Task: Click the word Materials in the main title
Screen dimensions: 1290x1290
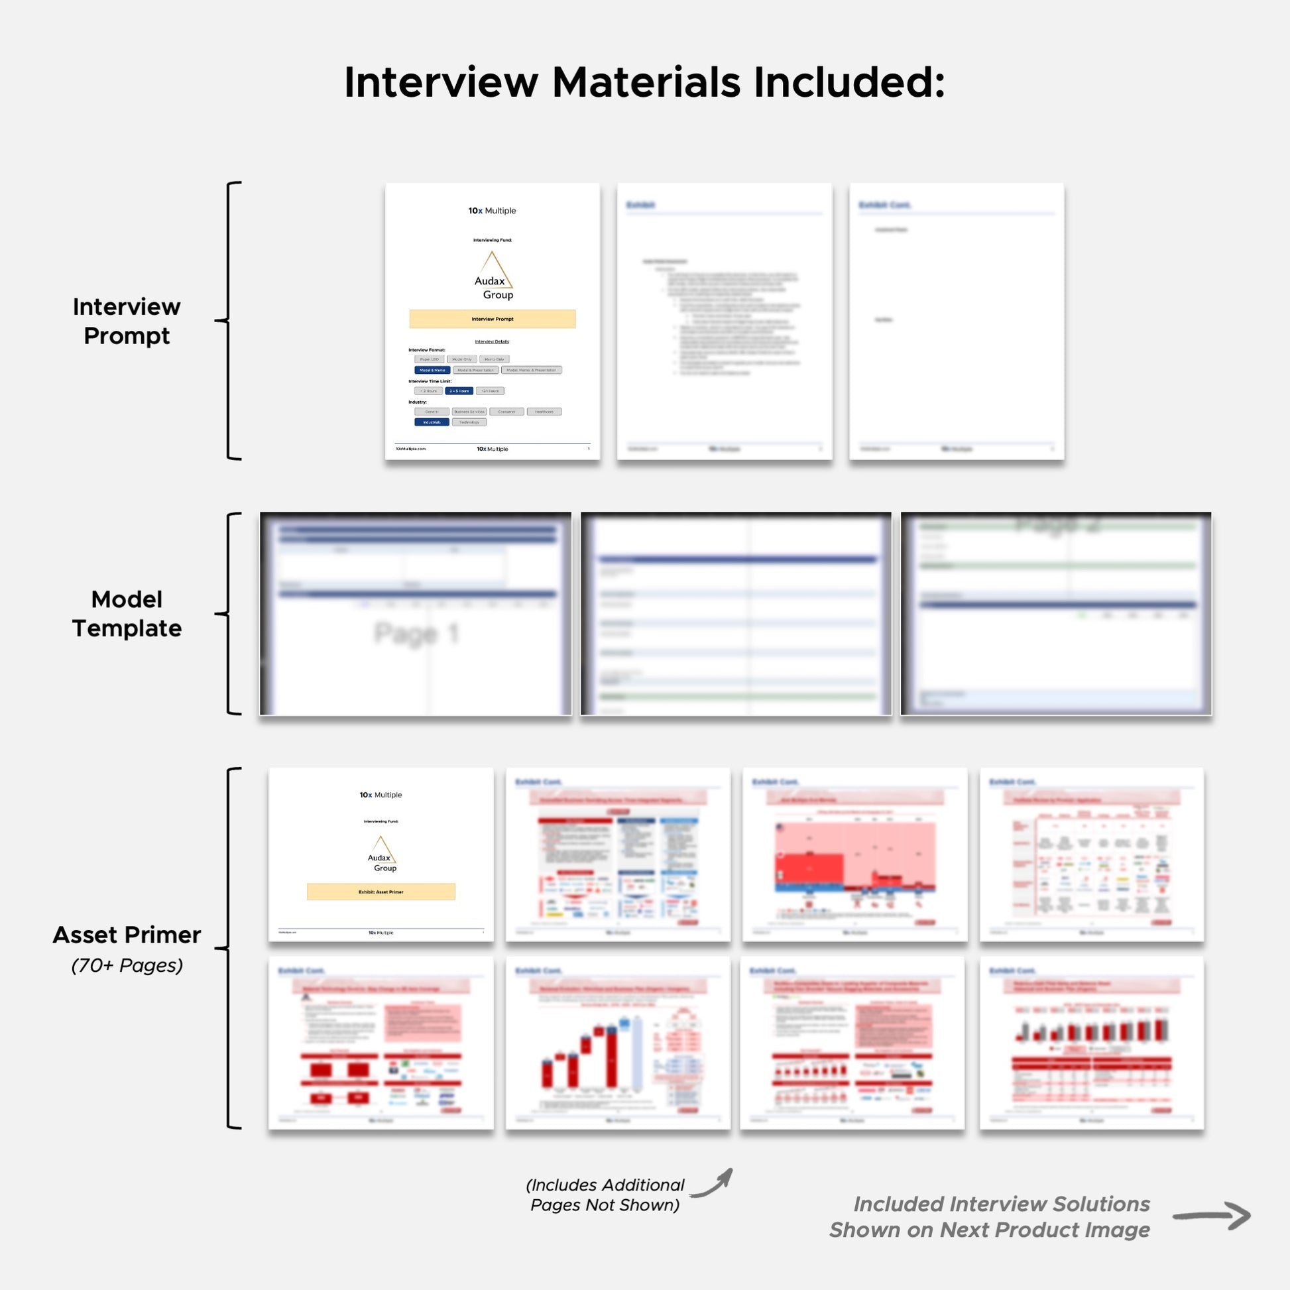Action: (646, 83)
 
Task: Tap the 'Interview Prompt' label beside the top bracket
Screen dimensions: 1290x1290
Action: (126, 321)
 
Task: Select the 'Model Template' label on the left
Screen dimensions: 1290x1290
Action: (126, 614)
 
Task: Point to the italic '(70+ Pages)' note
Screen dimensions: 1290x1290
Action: (127, 965)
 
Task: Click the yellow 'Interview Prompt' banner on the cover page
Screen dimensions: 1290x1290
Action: (492, 318)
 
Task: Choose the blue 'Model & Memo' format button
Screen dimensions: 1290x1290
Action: (432, 370)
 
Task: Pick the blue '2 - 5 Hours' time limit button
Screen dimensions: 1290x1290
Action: (459, 390)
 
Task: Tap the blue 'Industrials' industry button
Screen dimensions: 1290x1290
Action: (432, 422)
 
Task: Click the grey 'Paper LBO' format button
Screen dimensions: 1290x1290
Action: (430, 359)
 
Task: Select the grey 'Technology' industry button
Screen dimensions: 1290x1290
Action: (469, 422)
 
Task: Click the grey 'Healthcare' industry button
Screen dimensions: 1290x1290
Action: (544, 411)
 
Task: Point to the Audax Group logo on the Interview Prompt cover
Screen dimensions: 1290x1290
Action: (493, 276)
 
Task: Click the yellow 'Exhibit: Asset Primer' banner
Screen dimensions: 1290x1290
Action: (381, 892)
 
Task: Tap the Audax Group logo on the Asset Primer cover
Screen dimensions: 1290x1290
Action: (382, 854)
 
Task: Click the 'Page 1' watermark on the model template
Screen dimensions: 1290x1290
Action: (416, 633)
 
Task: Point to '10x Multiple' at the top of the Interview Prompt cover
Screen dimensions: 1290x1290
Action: (492, 210)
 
